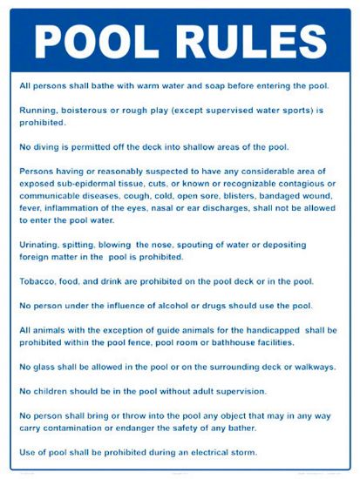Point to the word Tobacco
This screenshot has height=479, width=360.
[38, 281]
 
